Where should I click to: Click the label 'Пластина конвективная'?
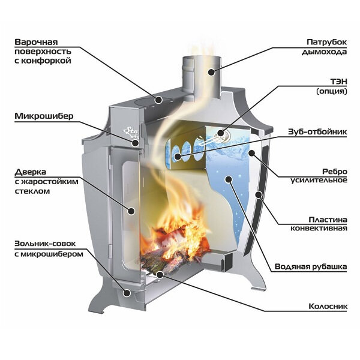[325, 223]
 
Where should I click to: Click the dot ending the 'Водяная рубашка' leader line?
[226, 179]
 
